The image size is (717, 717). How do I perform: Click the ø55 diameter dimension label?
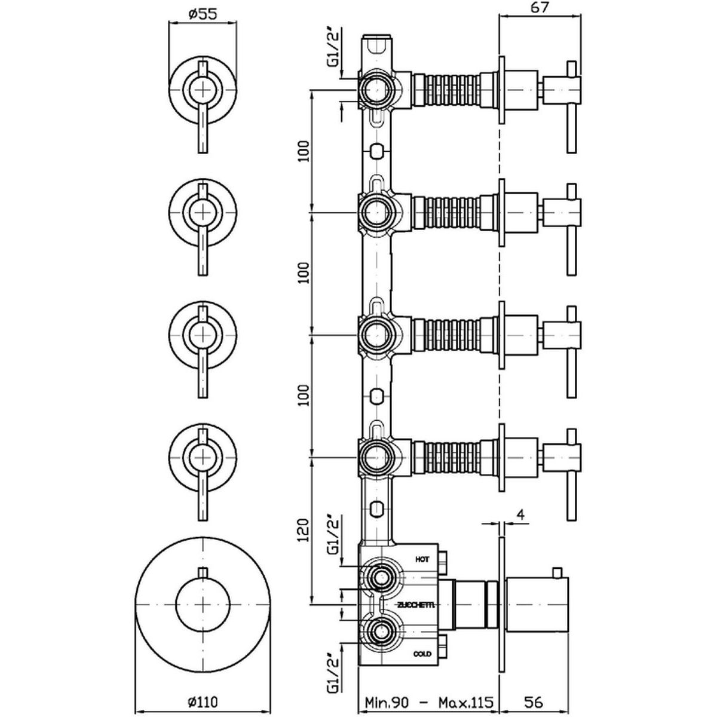203,14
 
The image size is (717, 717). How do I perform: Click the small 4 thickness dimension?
520,515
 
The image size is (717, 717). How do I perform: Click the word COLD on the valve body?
422,654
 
